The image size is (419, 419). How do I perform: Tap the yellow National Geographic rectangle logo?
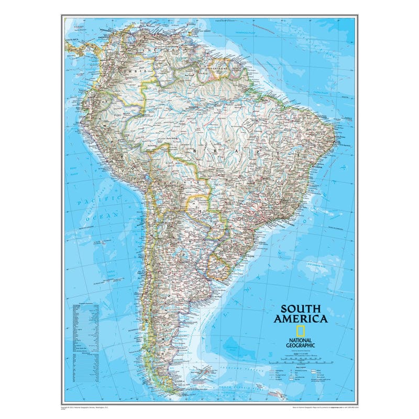[x=301, y=330]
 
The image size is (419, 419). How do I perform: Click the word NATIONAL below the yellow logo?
[x=301, y=339]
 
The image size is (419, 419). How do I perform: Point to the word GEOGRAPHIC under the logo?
[x=301, y=345]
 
